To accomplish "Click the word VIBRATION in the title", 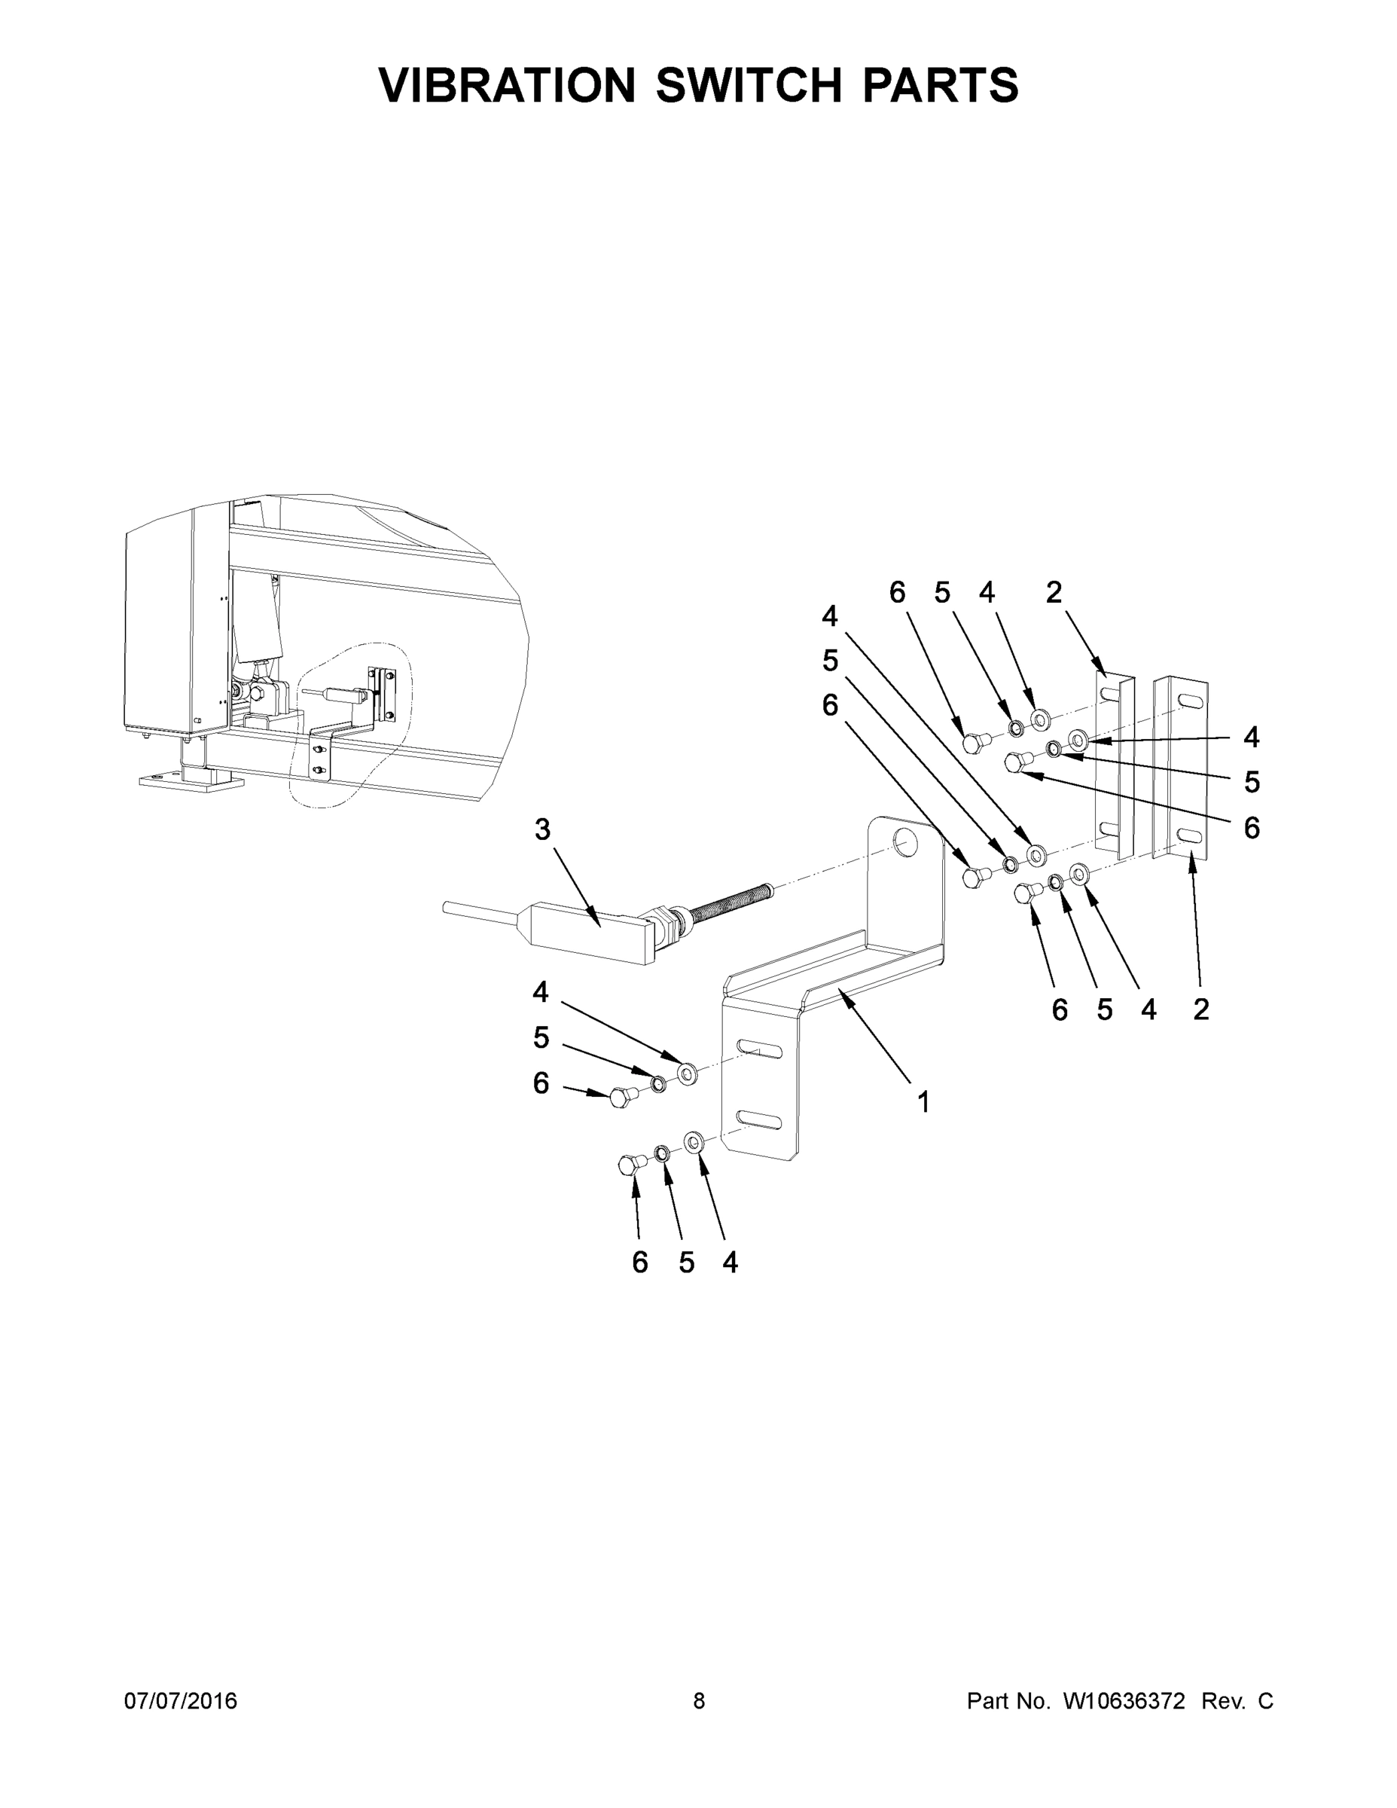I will pos(507,85).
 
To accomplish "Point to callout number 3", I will pos(542,829).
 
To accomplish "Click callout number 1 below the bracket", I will pos(923,1102).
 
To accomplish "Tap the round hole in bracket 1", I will pos(905,844).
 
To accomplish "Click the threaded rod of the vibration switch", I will pos(728,902).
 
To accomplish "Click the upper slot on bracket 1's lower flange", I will pos(759,1051).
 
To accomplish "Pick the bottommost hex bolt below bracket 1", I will pos(630,1165).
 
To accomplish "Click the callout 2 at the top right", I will pos(1054,592).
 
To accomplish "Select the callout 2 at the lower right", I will pos(1201,1009).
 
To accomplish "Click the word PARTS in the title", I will pos(940,85).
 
